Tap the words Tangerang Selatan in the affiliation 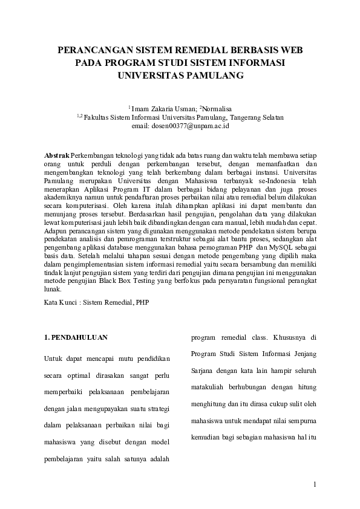(x=257, y=117)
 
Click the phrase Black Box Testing (x=118, y=281)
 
